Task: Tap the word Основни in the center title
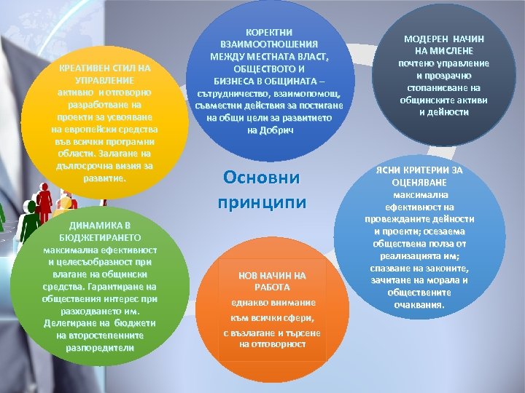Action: click(262, 178)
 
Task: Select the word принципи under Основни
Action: click(262, 202)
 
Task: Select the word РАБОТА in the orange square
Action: click(272, 287)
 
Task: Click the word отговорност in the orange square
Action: click(272, 344)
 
